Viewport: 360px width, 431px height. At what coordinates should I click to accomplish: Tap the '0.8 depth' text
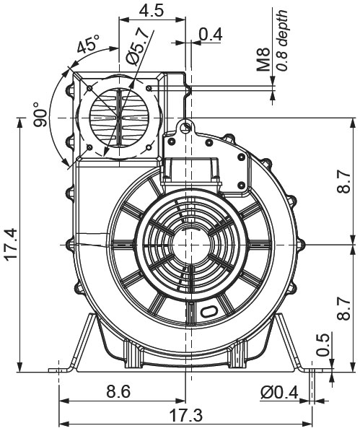click(282, 40)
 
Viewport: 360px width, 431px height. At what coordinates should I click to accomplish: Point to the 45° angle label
click(89, 46)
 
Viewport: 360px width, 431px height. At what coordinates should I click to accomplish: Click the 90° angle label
click(41, 116)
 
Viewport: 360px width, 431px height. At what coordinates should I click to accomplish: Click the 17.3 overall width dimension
click(186, 417)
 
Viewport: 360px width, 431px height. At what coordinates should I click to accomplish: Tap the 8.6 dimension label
click(118, 392)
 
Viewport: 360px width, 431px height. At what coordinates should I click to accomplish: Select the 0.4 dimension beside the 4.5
click(211, 34)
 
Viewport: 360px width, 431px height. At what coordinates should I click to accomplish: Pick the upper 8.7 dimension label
click(344, 183)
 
